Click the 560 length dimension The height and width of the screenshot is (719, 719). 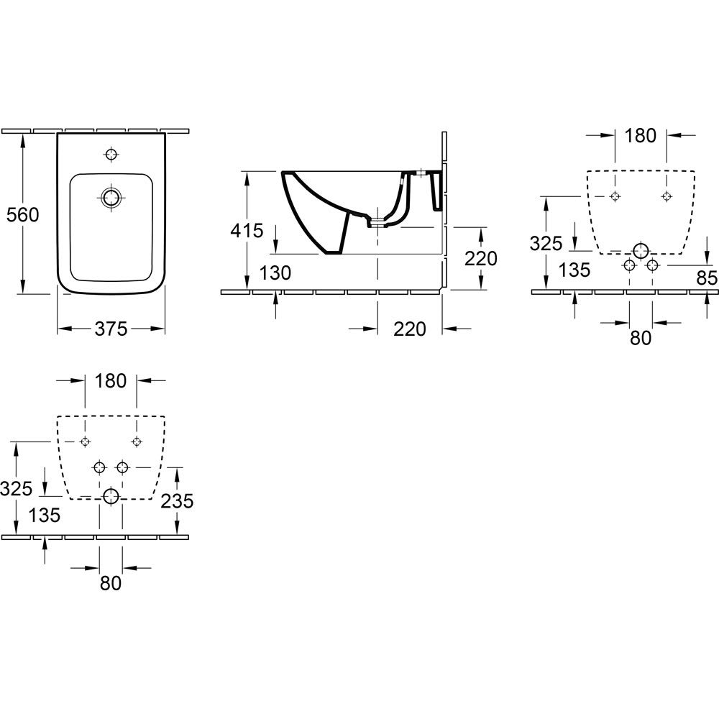tap(23, 214)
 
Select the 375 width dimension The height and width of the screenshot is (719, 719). tap(111, 329)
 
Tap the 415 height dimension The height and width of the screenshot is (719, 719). tap(247, 231)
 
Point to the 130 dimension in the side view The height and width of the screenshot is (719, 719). tap(275, 273)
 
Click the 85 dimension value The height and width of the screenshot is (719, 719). tap(707, 278)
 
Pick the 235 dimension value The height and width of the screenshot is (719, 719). tap(177, 500)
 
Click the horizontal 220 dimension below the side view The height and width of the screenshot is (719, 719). tap(410, 329)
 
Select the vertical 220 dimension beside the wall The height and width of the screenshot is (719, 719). tap(481, 259)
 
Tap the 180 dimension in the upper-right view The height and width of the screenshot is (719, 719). tap(641, 135)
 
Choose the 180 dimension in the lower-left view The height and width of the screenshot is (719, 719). tap(111, 380)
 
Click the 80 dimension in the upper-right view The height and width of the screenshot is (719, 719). tap(641, 338)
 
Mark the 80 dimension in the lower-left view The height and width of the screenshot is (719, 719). tap(111, 583)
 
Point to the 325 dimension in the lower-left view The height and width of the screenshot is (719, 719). tap(16, 489)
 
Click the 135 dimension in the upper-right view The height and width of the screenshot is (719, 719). tap(574, 270)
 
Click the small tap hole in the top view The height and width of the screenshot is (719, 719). tap(111, 154)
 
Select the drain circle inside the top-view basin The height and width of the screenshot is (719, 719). tap(111, 198)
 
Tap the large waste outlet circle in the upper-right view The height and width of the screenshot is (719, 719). tap(641, 251)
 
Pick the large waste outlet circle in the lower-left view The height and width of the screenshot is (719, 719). tap(111, 496)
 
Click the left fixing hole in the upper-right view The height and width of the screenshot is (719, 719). tap(615, 196)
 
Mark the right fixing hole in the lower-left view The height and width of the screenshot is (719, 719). tap(136, 441)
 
